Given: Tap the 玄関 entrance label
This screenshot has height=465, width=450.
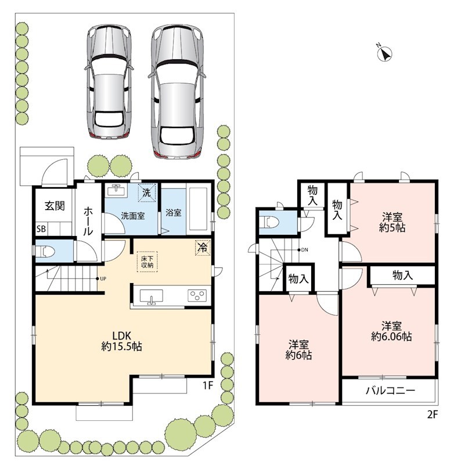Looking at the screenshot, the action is (x=55, y=206).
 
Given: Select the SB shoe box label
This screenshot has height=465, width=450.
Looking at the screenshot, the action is (x=41, y=228).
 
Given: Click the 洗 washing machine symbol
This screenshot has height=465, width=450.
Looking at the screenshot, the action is (x=147, y=193).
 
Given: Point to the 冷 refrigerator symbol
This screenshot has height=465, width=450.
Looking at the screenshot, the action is (x=203, y=248).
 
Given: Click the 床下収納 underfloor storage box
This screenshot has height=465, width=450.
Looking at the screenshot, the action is (x=147, y=262).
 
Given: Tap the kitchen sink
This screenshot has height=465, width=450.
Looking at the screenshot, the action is (x=152, y=296).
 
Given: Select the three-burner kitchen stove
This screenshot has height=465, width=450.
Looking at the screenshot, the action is (x=197, y=296).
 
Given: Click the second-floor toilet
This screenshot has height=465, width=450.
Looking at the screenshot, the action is (x=269, y=222).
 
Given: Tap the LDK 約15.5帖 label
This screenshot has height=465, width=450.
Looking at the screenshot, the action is (x=121, y=341).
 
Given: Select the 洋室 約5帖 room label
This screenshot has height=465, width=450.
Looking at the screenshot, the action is (x=392, y=222).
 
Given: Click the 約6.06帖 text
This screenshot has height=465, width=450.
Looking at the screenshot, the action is (x=391, y=337).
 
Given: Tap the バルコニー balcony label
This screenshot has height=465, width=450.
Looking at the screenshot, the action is (x=390, y=390).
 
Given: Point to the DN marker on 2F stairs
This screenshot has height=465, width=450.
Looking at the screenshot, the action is (x=303, y=250).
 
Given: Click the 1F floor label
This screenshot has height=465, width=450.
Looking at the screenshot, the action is (x=208, y=385).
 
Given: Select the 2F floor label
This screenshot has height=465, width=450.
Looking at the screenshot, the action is (x=432, y=414).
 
